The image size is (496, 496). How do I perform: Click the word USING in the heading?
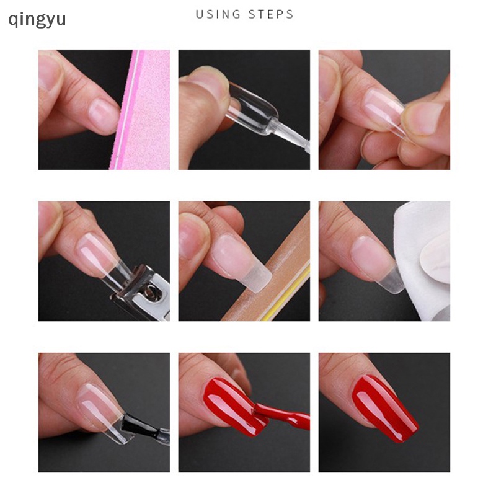[216, 14]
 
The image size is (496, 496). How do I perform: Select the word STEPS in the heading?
[270, 14]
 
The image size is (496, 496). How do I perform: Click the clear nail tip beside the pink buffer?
[102, 115]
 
